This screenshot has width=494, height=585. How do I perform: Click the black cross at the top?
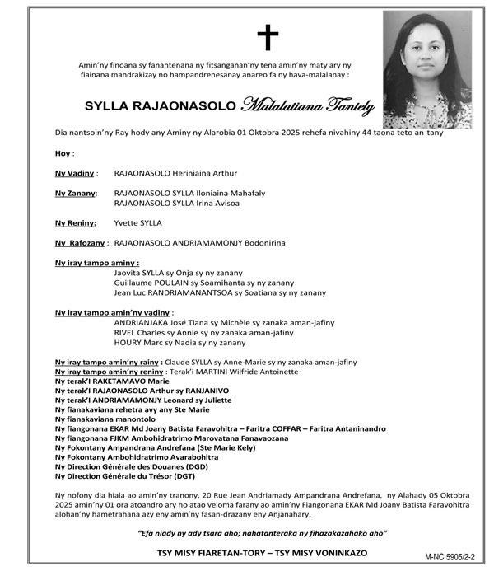[268, 37]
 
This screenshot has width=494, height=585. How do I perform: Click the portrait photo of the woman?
[428, 69]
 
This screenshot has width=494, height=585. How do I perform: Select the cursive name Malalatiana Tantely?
[308, 105]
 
